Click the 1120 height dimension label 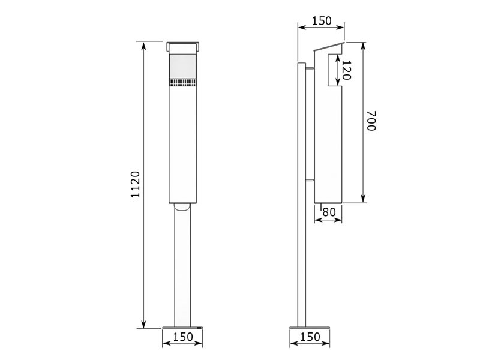(135, 184)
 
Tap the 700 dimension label (371, 121)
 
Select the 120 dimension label (346, 70)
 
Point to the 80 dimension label (329, 212)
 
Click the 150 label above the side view (322, 21)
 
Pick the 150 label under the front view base (183, 337)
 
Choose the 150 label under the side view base (310, 337)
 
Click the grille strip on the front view (183, 82)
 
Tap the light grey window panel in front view (183, 67)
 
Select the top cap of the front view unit (183, 47)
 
